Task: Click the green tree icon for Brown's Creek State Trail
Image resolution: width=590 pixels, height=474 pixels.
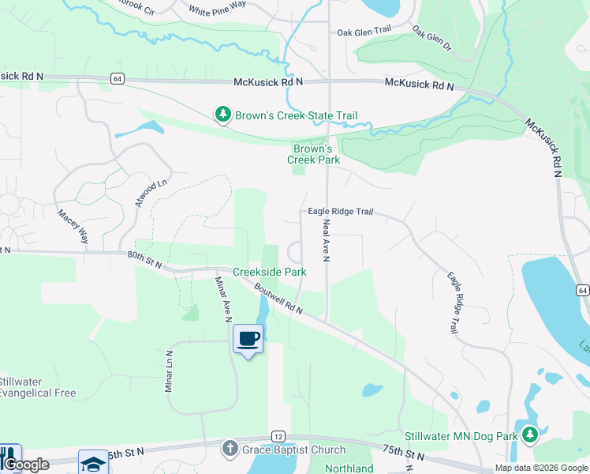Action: [223, 115]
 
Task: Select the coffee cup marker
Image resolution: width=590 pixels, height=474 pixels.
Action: [248, 339]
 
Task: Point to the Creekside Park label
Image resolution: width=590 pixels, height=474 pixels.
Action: [269, 272]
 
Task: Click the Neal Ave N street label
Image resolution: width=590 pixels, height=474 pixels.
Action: [326, 241]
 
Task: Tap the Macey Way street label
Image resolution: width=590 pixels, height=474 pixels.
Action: [73, 225]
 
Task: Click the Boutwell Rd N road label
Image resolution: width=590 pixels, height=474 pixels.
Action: [278, 299]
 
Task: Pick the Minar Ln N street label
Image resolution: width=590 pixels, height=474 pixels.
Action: [168, 371]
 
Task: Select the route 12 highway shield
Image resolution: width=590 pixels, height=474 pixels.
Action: [278, 436]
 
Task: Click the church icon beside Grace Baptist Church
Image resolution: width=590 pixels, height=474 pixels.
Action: [230, 450]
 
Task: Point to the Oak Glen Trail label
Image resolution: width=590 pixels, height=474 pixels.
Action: [364, 31]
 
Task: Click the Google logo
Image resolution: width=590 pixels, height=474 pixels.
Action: [25, 465]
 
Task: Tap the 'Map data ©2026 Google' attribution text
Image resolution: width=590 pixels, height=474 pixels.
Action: [541, 468]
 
